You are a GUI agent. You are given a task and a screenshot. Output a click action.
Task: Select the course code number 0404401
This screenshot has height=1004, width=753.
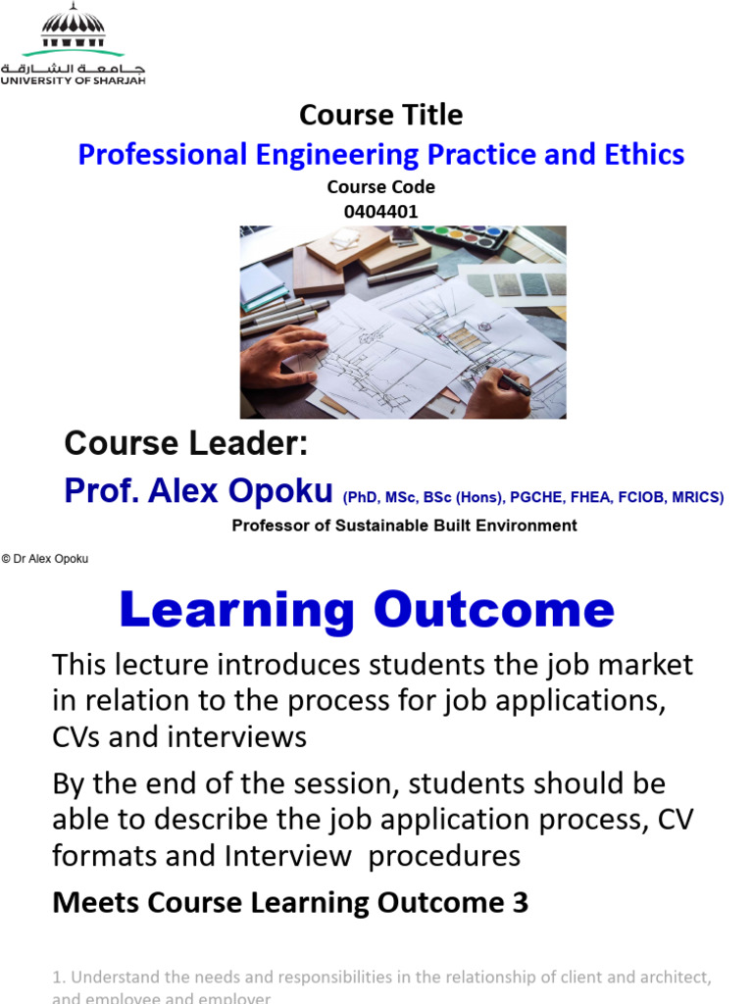(380, 211)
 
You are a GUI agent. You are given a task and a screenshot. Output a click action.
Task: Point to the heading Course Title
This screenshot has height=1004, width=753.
(380, 115)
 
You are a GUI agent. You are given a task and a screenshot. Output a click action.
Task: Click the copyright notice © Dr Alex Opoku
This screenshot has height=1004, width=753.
(45, 559)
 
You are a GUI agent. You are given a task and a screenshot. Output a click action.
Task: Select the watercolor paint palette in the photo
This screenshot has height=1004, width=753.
(465, 236)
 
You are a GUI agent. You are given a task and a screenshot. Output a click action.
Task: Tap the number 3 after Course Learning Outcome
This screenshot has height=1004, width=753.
(520, 902)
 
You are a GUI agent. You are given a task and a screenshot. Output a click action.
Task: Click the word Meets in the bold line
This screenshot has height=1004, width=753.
(93, 902)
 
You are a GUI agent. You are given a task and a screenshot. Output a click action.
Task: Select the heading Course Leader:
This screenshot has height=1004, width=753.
(186, 444)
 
